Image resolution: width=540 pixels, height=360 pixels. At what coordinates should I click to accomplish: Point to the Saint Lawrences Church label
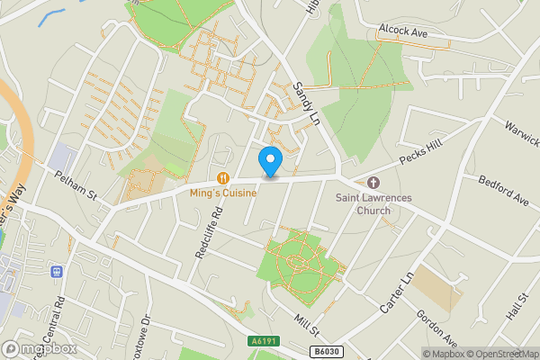(x=364, y=203)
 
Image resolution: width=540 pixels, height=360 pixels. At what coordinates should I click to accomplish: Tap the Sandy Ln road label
(x=307, y=103)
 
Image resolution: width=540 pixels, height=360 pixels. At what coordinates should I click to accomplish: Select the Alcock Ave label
(x=402, y=31)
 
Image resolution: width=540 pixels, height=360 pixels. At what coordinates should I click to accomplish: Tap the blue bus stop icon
(x=58, y=271)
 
